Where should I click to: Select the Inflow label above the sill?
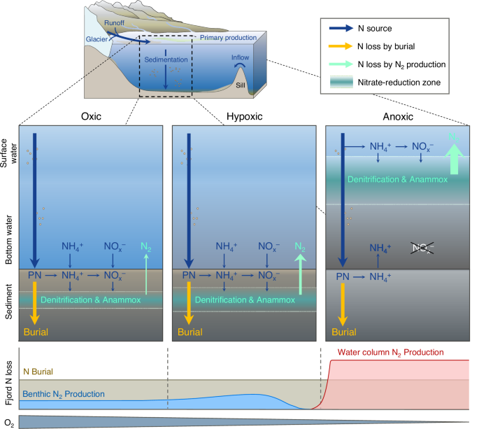tap(241, 58)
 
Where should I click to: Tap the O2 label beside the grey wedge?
tap(8, 420)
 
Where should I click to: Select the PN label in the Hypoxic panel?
tap(189, 276)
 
